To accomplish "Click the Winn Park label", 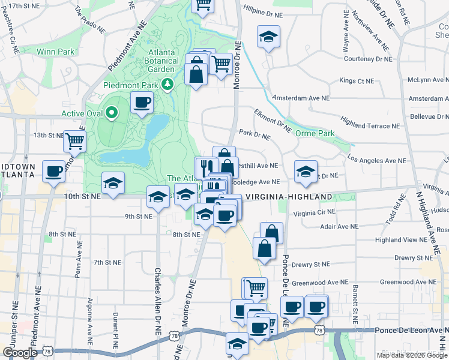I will [x=55, y=52].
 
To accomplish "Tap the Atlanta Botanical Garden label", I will [x=164, y=61].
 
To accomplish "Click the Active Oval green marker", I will [x=111, y=112].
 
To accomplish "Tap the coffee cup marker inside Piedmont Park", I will [x=142, y=103].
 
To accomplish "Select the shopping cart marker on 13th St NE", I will [x=74, y=140].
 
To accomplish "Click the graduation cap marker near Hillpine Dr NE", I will [x=269, y=37].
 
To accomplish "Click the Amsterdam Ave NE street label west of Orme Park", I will [x=301, y=98].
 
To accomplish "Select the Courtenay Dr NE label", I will [x=367, y=59].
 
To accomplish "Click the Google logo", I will [x=20, y=353].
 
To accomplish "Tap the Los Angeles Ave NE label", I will [x=378, y=161].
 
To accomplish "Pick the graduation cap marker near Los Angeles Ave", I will [x=306, y=172].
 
